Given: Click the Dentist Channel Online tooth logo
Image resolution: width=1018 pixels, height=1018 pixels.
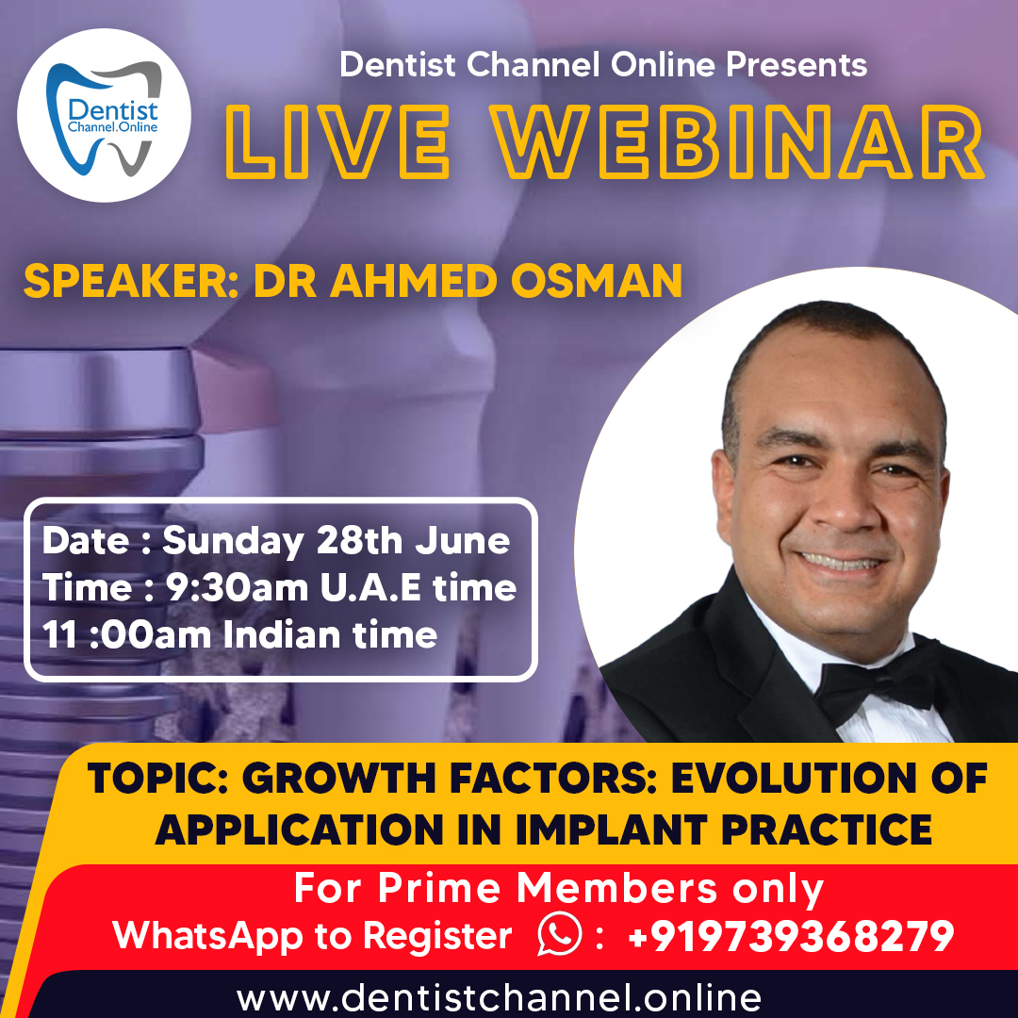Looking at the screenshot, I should tap(104, 116).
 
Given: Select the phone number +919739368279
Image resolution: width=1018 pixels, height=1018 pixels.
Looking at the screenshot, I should tap(790, 936).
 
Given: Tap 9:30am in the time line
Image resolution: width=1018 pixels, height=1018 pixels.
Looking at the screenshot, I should tap(237, 587).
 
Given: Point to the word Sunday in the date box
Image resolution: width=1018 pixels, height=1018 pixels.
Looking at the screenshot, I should tap(233, 541).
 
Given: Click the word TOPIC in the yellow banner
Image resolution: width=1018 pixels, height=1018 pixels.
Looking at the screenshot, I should tap(152, 780).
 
